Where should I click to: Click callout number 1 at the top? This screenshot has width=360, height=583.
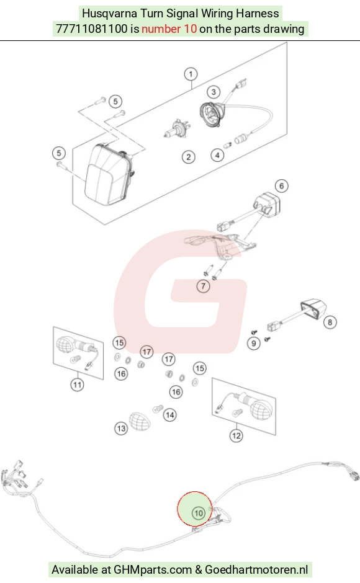(191, 74)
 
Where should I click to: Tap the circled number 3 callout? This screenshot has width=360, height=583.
(214, 92)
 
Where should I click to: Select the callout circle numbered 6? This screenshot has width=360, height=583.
(281, 186)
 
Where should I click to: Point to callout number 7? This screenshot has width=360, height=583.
(203, 286)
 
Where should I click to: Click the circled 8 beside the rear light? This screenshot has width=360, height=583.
(330, 322)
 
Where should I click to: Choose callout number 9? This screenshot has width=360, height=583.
(254, 343)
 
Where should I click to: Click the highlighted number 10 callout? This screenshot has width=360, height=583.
(198, 513)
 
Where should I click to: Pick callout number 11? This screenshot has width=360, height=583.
(78, 385)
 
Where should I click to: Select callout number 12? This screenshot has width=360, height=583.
(236, 436)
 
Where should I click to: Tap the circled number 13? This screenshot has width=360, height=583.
(121, 429)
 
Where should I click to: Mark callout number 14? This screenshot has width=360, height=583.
(170, 415)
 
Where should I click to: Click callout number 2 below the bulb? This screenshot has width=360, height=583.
(188, 157)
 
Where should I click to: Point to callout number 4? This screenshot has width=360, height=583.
(217, 154)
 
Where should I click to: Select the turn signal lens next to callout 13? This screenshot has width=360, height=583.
(140, 422)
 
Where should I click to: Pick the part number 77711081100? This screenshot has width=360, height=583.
(92, 29)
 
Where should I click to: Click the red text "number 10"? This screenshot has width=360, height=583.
(169, 29)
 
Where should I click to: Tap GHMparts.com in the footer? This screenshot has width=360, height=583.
(153, 569)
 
